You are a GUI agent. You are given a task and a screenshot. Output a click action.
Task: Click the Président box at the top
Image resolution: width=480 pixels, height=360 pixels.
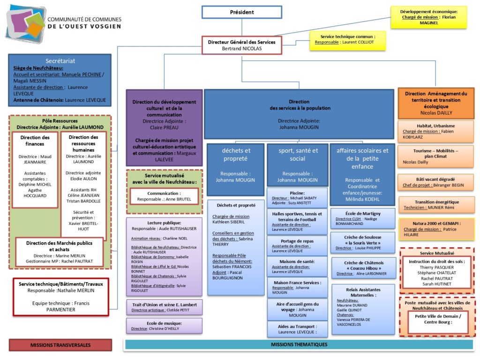coord(242,12)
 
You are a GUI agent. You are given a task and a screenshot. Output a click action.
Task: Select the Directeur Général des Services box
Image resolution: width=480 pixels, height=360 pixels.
coord(242,45)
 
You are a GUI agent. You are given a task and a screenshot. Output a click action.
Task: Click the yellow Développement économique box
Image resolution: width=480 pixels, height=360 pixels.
coord(428,17)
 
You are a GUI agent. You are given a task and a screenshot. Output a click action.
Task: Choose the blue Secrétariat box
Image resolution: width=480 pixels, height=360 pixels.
coord(60,80)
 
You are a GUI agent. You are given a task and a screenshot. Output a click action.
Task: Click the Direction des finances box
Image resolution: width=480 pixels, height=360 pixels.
coord(35,170)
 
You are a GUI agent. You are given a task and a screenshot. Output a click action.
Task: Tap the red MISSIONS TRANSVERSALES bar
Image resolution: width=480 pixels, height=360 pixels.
coord(60,345)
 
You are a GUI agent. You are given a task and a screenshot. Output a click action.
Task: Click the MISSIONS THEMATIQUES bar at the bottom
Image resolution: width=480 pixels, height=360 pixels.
coord(299,345)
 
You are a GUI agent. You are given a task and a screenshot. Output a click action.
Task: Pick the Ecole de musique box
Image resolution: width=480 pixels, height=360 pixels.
coord(164,326)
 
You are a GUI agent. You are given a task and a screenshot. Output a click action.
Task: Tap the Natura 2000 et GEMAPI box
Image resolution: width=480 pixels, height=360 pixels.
coord(436,229)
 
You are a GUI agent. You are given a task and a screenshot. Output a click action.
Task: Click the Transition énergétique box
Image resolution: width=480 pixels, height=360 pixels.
coord(436,204)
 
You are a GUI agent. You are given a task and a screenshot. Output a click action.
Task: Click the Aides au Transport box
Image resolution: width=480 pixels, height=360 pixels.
coord(297,329)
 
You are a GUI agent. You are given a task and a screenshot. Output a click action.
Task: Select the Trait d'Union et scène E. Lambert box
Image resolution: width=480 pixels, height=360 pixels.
coord(164,307)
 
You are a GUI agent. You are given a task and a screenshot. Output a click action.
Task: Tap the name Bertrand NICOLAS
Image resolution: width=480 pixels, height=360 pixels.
coord(242,48)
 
